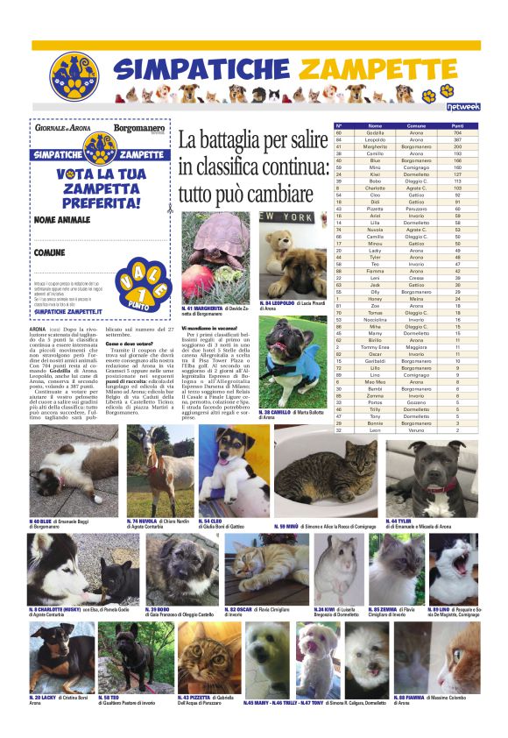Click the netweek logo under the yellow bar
462,107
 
